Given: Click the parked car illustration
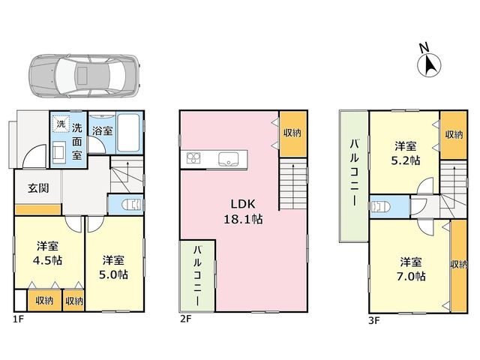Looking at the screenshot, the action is [x=84, y=76].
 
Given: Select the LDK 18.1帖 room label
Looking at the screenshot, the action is [x=243, y=211].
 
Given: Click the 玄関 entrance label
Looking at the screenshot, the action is [x=38, y=188].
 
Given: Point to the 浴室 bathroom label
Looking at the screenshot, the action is [x=103, y=130].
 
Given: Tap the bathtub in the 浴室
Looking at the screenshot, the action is [x=129, y=133].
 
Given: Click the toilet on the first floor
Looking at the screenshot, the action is [x=132, y=204].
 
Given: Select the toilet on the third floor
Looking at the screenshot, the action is [x=380, y=207].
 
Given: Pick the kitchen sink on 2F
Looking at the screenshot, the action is [x=228, y=160].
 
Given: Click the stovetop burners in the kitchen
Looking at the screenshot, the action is [x=193, y=158].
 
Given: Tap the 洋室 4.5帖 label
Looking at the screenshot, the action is [x=48, y=253].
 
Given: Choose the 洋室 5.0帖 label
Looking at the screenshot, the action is [x=113, y=267].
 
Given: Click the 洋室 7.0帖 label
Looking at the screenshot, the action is [x=411, y=269].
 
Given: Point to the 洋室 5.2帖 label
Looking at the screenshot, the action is [x=406, y=153].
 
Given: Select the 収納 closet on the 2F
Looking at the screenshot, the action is [x=293, y=134].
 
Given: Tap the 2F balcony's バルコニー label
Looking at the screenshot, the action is [x=197, y=276].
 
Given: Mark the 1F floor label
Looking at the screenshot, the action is [x=18, y=319].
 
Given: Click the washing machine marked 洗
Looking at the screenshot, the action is [x=61, y=124].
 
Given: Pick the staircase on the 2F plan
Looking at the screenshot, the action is [x=293, y=184].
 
